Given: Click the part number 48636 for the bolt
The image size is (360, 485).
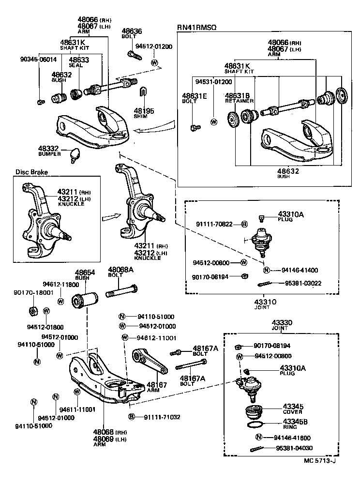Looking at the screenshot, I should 132,30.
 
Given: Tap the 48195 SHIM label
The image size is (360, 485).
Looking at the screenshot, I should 144,113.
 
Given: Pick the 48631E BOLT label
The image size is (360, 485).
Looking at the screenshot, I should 195,98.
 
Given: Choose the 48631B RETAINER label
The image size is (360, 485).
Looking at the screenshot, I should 239,98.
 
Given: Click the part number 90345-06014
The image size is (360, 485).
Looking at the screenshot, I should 38,60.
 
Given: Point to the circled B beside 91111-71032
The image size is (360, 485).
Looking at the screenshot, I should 131,417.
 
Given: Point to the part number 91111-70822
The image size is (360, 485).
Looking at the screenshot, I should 215,224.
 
